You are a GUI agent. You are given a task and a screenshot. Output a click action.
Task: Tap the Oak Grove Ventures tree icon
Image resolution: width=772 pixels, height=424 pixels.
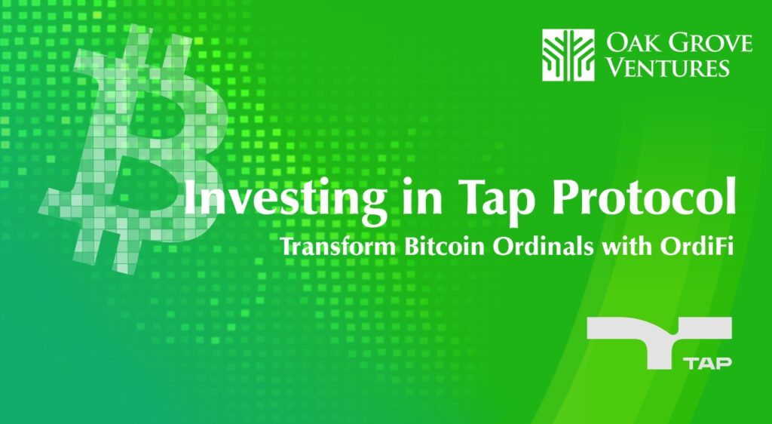tap(568, 54)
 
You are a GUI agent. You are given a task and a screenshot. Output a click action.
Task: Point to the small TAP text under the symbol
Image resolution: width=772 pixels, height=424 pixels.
tap(708, 364)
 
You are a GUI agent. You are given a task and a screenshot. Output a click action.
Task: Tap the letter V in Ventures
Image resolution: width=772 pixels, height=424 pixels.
tap(614, 67)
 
